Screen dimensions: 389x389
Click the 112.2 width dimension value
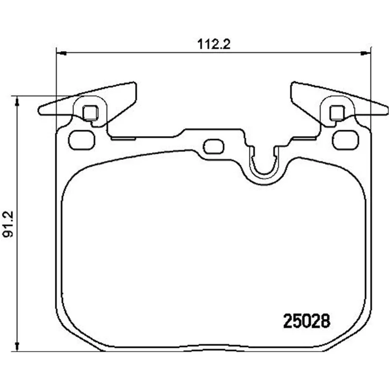(x=214, y=44)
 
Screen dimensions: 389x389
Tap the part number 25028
(x=307, y=321)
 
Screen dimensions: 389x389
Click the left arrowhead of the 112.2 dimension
(x=61, y=53)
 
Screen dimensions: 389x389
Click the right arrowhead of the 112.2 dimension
(x=365, y=53)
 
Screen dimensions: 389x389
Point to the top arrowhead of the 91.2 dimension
(x=17, y=101)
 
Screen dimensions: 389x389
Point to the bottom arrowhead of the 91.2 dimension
(x=17, y=346)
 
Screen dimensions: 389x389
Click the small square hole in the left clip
(x=90, y=112)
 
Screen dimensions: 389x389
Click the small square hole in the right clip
(x=337, y=112)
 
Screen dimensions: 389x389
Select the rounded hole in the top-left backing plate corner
(x=82, y=140)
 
